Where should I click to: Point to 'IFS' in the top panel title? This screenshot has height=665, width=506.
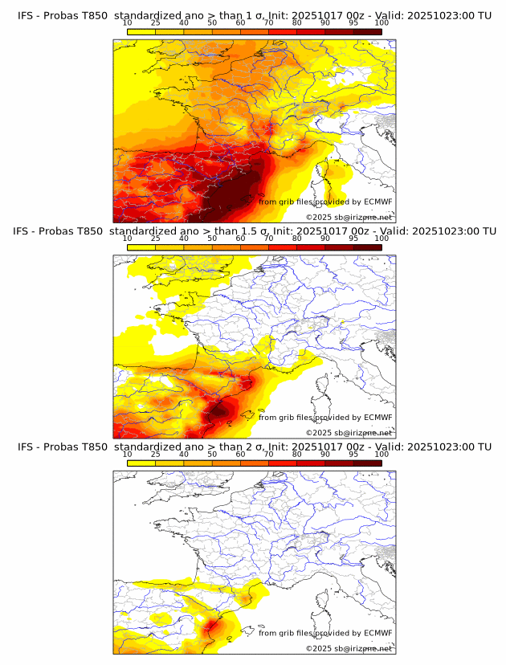click(26, 16)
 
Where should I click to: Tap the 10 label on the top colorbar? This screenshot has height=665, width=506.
click(127, 23)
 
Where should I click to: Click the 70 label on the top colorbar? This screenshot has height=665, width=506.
click(268, 23)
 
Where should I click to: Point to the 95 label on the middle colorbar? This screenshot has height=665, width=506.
click(353, 239)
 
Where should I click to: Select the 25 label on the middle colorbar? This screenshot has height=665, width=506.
click(155, 239)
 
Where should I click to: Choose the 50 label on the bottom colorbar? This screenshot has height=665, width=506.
click(212, 454)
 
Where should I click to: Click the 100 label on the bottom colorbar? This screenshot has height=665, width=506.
click(382, 454)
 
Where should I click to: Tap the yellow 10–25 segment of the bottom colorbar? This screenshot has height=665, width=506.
click(141, 463)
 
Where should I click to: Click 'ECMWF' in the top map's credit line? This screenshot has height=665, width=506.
click(377, 202)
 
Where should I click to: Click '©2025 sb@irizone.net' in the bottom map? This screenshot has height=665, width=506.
click(349, 648)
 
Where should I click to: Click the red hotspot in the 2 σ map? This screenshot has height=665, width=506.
click(213, 624)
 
